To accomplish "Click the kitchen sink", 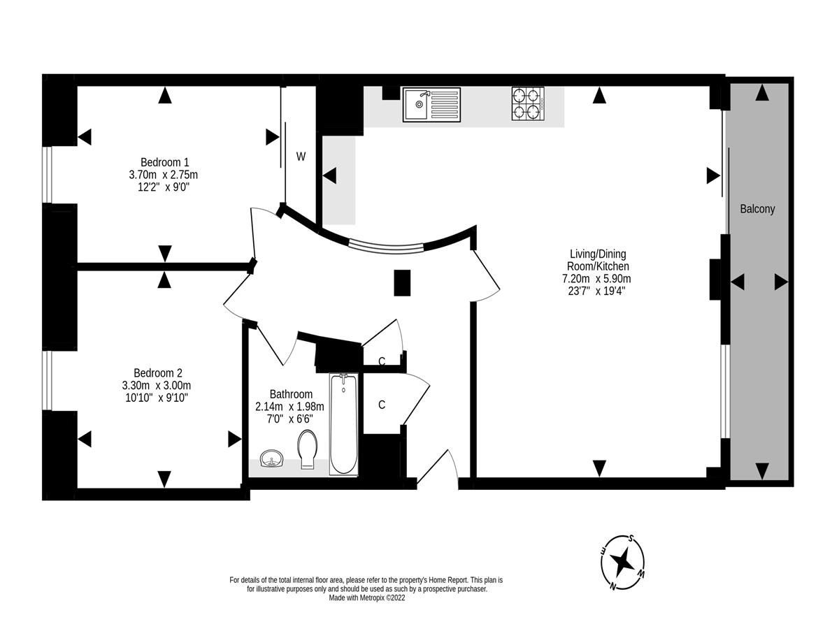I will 431,105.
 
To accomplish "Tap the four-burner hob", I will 528,103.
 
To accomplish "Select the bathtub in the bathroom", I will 343,424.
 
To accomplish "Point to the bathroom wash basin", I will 271,459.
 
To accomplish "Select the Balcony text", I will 758,208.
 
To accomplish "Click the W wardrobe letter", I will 301,157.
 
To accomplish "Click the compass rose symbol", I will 622,561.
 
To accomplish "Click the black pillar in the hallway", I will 402,283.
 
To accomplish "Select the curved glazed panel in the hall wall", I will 387,245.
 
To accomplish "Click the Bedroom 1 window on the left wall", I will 46,175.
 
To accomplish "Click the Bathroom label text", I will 291,394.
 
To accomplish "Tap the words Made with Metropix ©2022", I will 366,598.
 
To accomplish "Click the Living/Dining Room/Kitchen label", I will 597,260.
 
